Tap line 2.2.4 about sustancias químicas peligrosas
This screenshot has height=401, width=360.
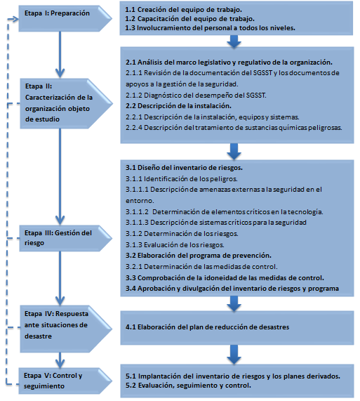[233, 129]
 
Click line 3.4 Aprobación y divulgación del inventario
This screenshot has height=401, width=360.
[232, 288]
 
